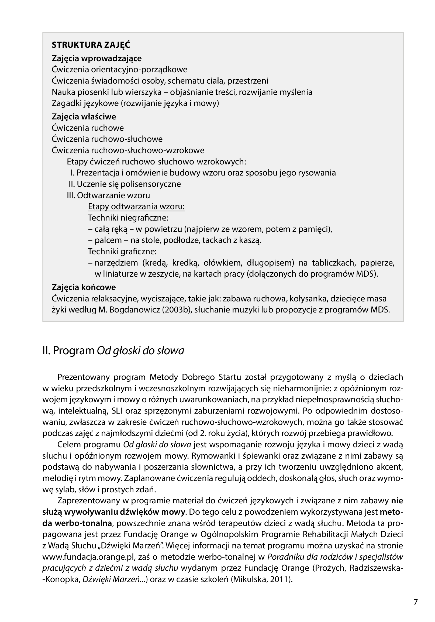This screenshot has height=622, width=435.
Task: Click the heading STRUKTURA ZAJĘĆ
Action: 91,45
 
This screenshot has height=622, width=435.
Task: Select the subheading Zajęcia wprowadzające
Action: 96,58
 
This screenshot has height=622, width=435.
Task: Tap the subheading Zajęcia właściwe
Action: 84,117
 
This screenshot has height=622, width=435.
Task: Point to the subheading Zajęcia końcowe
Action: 84,287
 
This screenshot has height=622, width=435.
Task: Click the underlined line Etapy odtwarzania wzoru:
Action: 136,207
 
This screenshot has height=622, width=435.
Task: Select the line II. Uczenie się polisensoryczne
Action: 125,184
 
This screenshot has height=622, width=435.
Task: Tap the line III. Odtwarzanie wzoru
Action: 108,195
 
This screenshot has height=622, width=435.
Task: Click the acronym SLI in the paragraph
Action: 118,411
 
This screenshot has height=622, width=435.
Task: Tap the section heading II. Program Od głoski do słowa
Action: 113,351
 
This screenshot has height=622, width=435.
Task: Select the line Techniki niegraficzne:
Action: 128,218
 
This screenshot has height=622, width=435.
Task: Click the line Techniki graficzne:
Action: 122,251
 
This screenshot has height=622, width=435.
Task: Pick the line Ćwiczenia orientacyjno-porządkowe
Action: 119,70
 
